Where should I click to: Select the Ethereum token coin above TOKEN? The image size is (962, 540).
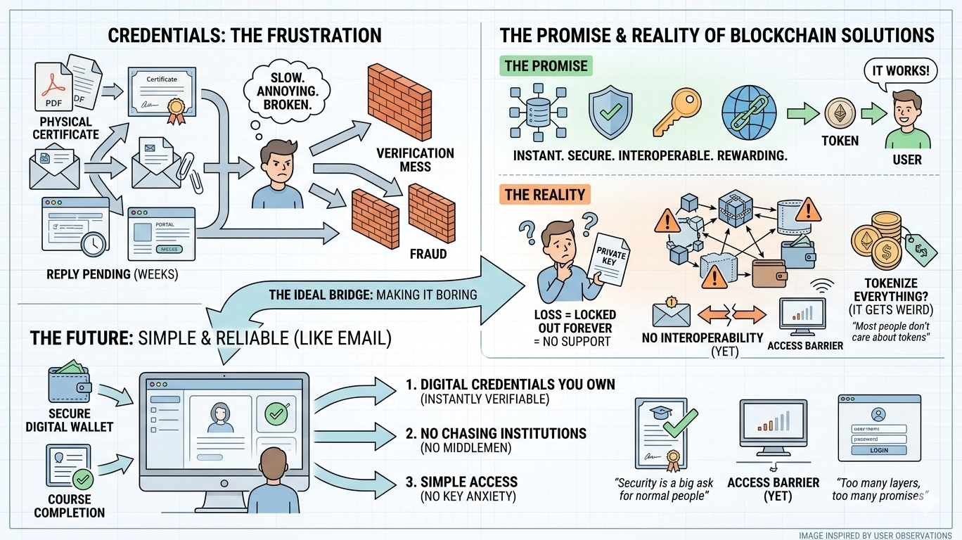coord(840,112)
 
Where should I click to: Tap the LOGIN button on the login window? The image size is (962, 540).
coord(878,450)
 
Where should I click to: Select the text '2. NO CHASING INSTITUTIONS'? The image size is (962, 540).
coord(496,433)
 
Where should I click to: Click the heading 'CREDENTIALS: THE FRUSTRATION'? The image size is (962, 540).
coord(245,35)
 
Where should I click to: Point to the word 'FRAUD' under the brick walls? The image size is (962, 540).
coord(428,253)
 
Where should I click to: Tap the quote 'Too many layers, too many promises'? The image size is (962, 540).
coord(878,489)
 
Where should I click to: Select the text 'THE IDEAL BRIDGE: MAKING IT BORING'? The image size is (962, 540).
coord(373,294)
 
